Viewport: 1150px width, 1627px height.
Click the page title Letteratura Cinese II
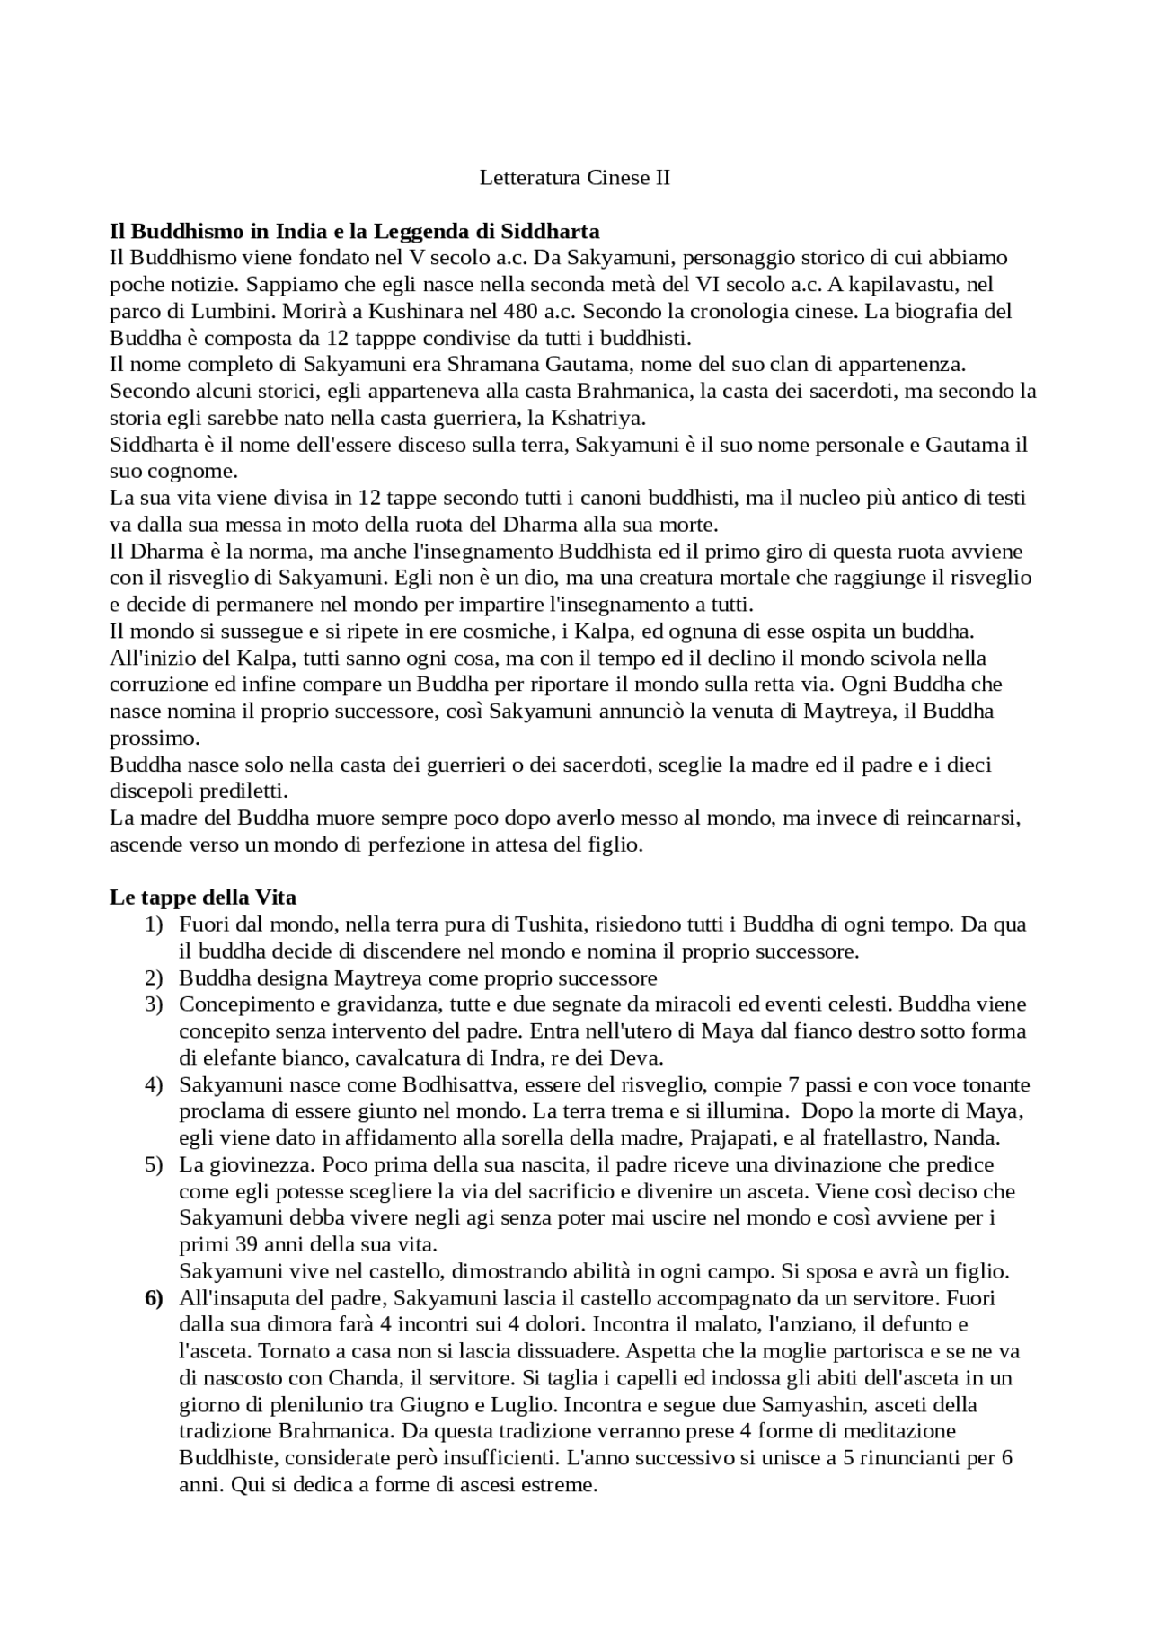(x=574, y=178)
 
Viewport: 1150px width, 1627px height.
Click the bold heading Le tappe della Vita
(x=202, y=897)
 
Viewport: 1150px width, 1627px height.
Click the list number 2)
(x=154, y=977)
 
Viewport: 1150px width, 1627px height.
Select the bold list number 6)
(x=154, y=1298)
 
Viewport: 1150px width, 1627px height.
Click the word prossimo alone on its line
(x=153, y=738)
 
